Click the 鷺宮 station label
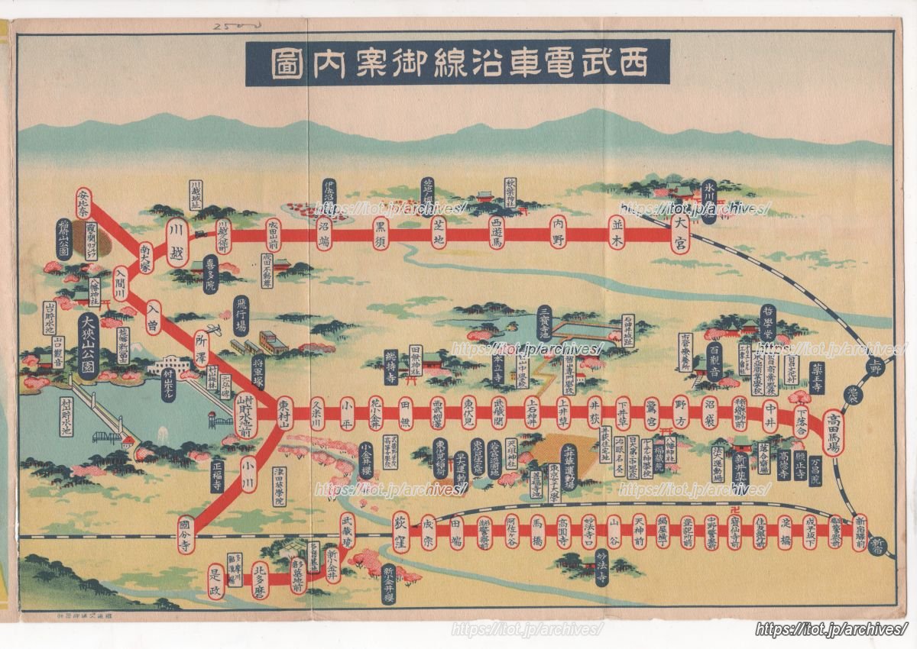tap(652, 412)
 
